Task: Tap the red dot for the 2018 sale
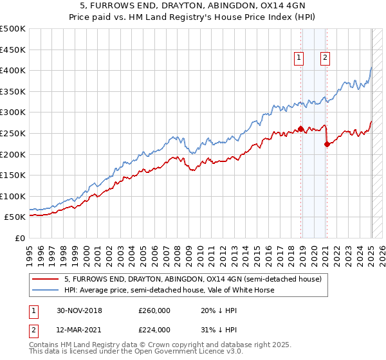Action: click(301, 129)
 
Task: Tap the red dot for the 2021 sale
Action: click(327, 144)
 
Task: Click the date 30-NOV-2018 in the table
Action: click(79, 310)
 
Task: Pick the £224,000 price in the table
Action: click(154, 330)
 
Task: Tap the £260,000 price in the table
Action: click(154, 310)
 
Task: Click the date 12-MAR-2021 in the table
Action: click(79, 330)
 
